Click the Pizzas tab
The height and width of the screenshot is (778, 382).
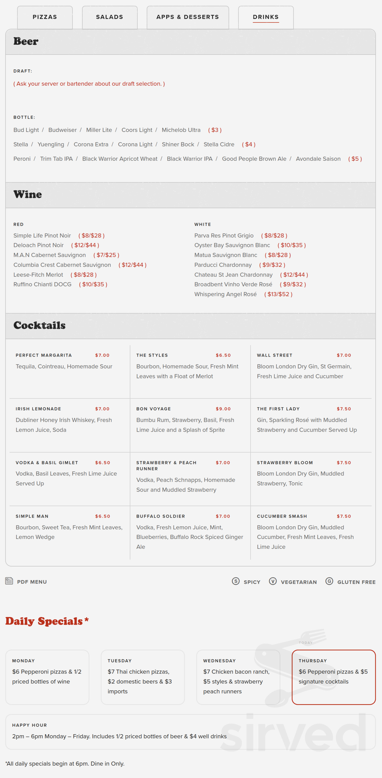click(45, 17)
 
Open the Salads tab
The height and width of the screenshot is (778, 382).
click(109, 17)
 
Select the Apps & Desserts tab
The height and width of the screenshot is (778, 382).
click(187, 17)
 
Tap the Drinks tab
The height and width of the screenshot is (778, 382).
click(266, 17)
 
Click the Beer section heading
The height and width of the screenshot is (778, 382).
click(26, 41)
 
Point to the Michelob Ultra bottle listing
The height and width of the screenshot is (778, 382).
click(181, 130)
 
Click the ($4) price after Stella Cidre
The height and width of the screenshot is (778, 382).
click(249, 145)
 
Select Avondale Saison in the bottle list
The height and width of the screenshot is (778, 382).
click(318, 159)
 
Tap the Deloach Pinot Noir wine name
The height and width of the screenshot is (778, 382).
click(38, 245)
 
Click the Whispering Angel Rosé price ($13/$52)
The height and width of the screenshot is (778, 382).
click(278, 294)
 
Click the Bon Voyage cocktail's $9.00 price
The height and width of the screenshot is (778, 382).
click(223, 409)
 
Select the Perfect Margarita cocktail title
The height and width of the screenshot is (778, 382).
click(43, 355)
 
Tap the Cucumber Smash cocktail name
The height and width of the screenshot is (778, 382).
click(281, 516)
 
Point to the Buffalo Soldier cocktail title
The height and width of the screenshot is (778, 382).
click(160, 516)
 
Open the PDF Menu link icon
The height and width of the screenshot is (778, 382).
click(9, 581)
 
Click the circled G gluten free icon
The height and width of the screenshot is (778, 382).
click(329, 581)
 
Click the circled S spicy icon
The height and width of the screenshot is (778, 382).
click(235, 581)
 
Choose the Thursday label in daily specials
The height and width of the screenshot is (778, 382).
click(313, 661)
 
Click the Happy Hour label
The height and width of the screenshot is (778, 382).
click(29, 725)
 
